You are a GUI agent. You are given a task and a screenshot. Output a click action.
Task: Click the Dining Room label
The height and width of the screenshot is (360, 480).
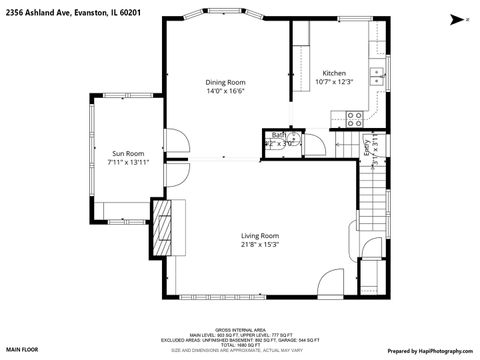[x=225, y=82]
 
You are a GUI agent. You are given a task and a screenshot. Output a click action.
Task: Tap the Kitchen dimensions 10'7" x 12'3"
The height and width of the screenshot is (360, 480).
[x=333, y=82]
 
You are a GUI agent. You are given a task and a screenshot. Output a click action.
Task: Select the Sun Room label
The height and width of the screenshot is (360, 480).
[x=128, y=153]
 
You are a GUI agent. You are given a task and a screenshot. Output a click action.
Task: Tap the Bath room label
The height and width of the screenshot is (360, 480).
[x=279, y=134]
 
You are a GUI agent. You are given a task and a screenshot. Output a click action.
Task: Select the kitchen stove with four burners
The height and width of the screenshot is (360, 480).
[x=354, y=117]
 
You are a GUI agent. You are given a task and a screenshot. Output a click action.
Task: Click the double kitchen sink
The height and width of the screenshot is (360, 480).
[x=376, y=73]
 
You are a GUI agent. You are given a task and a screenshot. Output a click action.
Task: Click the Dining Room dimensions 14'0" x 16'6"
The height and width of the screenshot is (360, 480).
[x=225, y=91]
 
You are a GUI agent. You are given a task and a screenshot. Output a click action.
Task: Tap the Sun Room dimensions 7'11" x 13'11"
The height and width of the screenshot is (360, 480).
[x=128, y=162]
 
